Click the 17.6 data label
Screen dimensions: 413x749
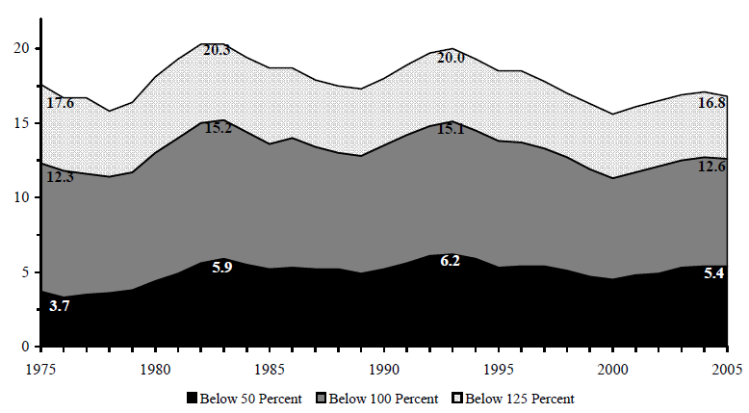[x=61, y=102]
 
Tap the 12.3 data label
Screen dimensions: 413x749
[x=61, y=176]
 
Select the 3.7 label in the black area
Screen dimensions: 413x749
[x=60, y=306]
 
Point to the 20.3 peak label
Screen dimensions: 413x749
[x=218, y=50]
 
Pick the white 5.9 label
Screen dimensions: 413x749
[x=220, y=267]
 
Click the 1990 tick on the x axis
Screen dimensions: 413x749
[x=385, y=367]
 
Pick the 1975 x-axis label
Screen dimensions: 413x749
[x=39, y=367]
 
